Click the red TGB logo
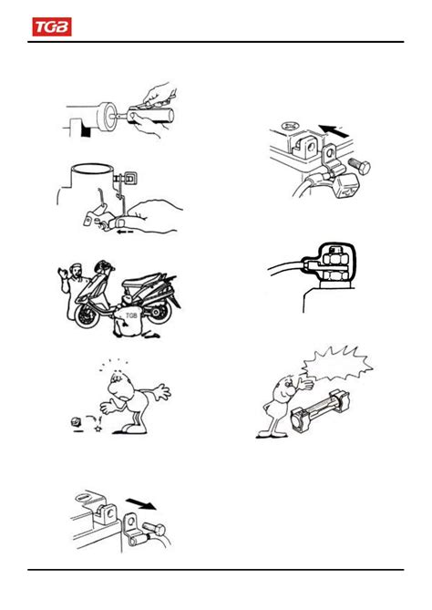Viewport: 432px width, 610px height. coord(52,26)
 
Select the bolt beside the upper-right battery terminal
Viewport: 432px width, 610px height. coord(359,166)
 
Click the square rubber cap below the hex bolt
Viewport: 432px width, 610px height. coord(346,185)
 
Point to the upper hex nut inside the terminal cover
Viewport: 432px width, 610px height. coord(334,257)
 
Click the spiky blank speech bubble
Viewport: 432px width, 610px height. coord(337,364)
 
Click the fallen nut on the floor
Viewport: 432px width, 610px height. coord(75,421)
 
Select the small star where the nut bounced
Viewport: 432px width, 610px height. coord(98,429)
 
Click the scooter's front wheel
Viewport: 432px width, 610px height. coord(87,315)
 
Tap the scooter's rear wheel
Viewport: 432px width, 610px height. coord(158,313)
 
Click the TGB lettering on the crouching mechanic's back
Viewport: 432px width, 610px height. coord(131,315)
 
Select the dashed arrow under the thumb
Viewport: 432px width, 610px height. coord(125,232)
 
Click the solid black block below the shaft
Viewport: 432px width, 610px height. coord(85,131)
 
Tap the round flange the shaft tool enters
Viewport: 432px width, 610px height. coord(108,118)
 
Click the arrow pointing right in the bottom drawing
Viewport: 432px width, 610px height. coord(141,504)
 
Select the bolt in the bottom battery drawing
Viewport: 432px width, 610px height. coord(154,529)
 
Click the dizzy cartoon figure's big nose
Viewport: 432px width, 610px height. coord(114,388)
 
